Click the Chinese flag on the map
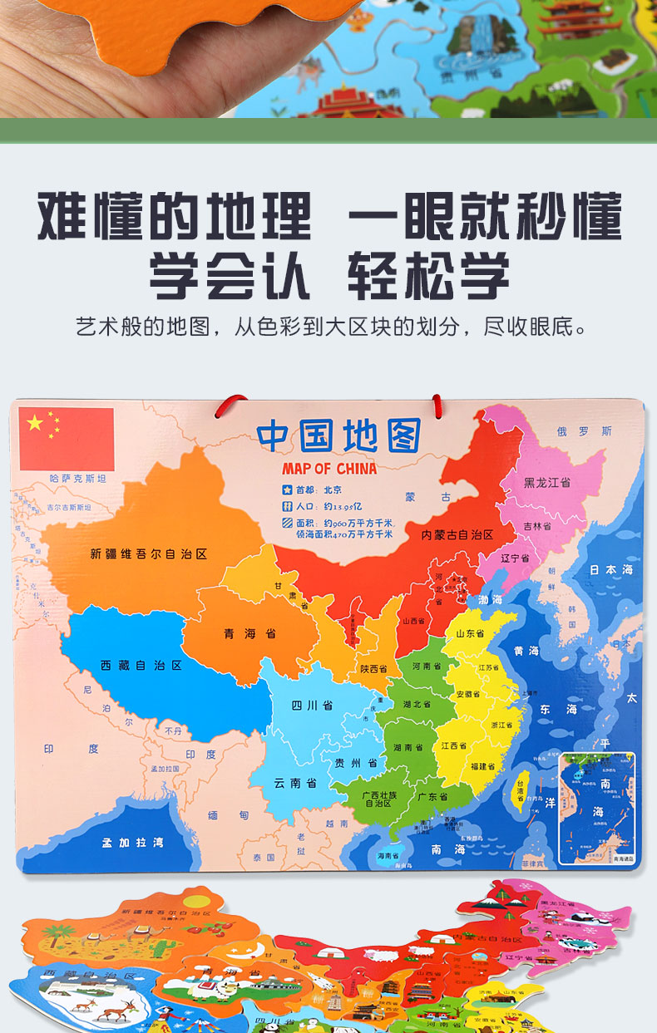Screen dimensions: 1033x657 (x=67, y=438)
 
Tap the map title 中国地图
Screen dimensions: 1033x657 (x=338, y=435)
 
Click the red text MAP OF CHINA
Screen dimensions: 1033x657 (x=328, y=468)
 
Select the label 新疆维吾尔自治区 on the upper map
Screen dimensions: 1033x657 (x=149, y=553)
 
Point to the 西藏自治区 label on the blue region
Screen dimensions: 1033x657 (x=141, y=665)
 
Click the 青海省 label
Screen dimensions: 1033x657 (x=249, y=633)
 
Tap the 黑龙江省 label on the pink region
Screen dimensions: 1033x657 (x=546, y=482)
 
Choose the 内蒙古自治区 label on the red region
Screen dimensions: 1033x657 (x=457, y=534)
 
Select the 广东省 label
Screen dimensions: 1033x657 (x=432, y=796)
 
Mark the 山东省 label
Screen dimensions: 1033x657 (x=470, y=633)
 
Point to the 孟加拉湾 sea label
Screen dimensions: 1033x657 (x=132, y=842)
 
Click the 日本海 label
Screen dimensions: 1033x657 (x=611, y=570)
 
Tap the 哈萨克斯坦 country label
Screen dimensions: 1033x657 (x=78, y=479)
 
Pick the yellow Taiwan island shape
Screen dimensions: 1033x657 (x=520, y=790)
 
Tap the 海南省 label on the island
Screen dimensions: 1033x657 (x=388, y=855)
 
